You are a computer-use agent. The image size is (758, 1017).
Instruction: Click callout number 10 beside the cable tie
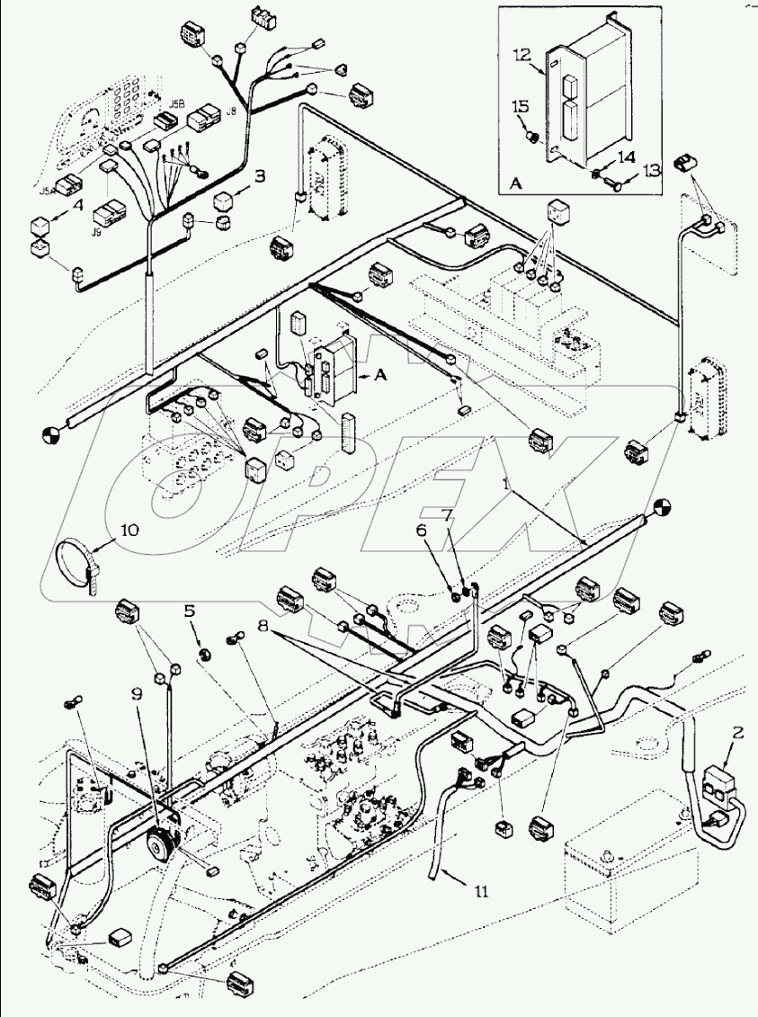[x=129, y=531]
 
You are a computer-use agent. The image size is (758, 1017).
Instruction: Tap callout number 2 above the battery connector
[x=737, y=733]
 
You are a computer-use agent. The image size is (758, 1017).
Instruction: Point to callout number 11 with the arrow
[x=483, y=891]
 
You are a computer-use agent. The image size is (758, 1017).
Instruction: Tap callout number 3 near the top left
[x=260, y=176]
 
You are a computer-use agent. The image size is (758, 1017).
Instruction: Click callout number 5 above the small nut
[x=190, y=611]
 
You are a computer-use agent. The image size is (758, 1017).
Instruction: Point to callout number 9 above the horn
[x=137, y=693]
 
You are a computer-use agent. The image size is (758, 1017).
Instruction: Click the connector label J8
[x=231, y=112]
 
